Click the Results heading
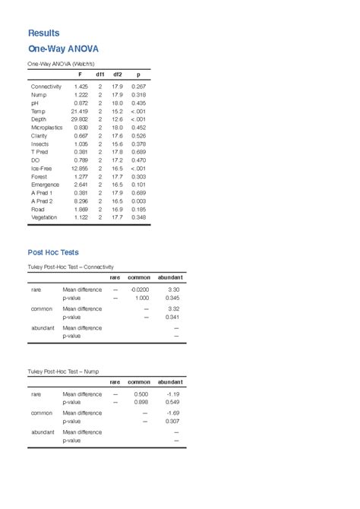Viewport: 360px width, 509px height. pyautogui.click(x=43, y=33)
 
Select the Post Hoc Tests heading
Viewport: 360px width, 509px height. pyautogui.click(x=53, y=252)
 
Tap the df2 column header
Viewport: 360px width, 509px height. pyautogui.click(x=118, y=74)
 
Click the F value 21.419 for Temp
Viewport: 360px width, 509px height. pyautogui.click(x=79, y=111)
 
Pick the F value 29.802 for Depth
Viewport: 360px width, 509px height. pyautogui.click(x=79, y=119)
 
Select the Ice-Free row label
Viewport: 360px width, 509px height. pyautogui.click(x=42, y=169)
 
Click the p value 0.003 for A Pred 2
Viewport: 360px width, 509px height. pyautogui.click(x=138, y=201)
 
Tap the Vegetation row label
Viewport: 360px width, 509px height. pyautogui.click(x=44, y=218)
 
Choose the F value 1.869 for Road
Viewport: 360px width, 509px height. pyautogui.click(x=81, y=210)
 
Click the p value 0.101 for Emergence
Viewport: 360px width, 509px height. pyautogui.click(x=138, y=185)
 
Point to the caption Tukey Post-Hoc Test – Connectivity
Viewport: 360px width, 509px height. pyautogui.click(x=71, y=267)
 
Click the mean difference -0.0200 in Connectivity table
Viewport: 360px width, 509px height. pyautogui.click(x=140, y=290)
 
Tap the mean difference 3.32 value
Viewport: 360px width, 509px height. pyautogui.click(x=173, y=309)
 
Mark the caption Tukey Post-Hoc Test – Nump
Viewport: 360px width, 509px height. pyautogui.click(x=63, y=371)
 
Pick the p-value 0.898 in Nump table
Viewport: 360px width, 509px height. pyautogui.click(x=141, y=403)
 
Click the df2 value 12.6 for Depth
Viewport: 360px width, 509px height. pyautogui.click(x=118, y=119)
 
